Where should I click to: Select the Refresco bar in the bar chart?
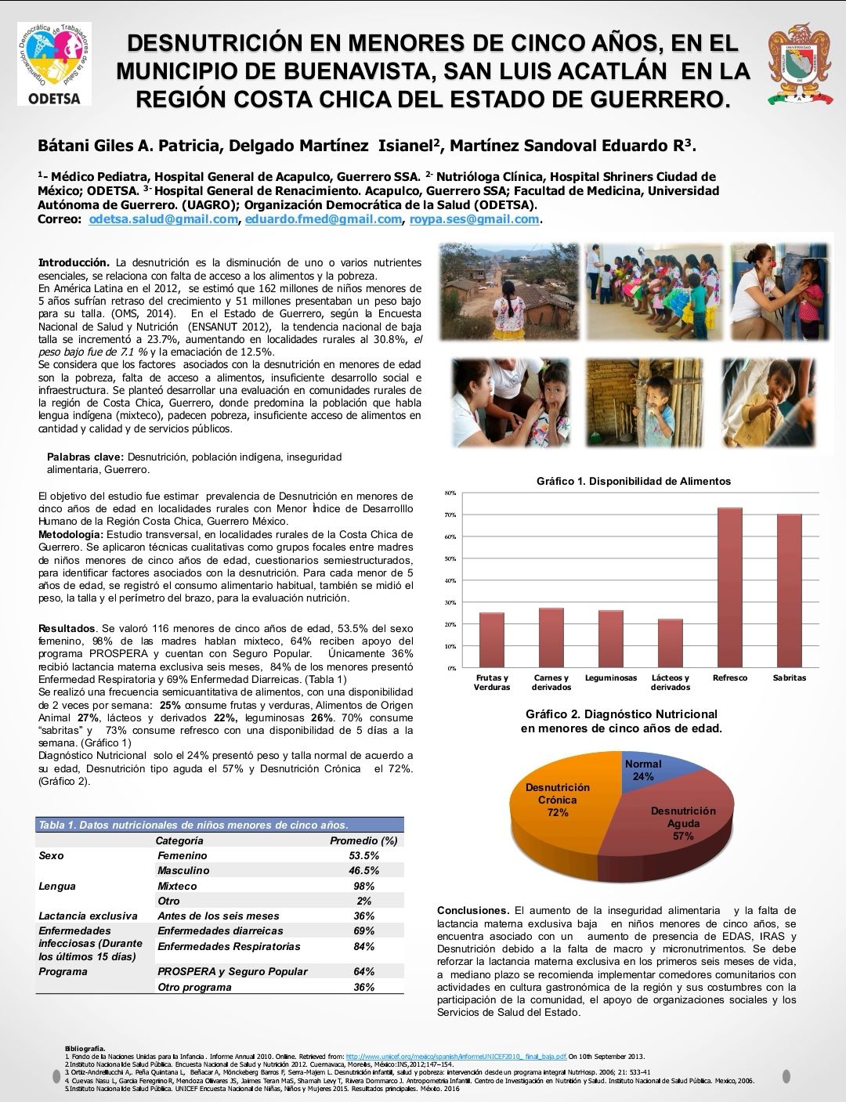point(730,587)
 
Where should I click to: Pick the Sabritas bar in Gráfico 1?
point(789,591)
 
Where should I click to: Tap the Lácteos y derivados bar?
point(671,643)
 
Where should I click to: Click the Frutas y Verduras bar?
point(492,640)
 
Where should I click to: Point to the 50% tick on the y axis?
point(450,559)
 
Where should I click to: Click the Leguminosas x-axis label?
point(611,678)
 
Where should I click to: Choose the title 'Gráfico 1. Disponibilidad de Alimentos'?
point(633,482)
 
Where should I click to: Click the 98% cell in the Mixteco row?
point(363,886)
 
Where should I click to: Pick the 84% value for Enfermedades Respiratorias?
point(363,946)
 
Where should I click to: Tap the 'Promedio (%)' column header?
point(363,840)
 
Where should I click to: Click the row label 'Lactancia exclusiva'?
point(88,916)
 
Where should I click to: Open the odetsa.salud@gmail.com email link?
point(163,219)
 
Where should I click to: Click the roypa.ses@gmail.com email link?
point(474,219)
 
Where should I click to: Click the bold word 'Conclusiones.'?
point(473,911)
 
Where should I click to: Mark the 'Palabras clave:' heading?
point(85,457)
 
